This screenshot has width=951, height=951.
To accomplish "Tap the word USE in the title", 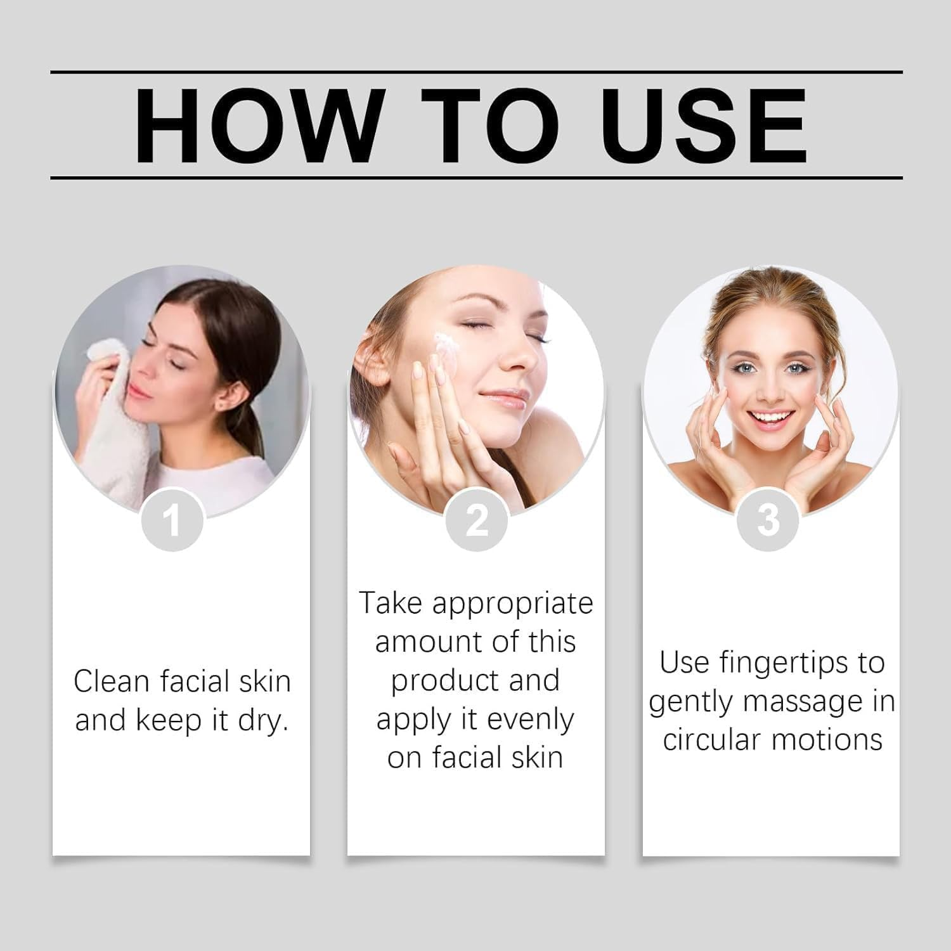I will (704, 125).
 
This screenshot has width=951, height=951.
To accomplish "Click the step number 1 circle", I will (172, 521).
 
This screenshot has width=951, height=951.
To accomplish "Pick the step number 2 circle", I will (476, 521).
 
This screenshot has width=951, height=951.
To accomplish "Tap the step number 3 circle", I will (768, 521).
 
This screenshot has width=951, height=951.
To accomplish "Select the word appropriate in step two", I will (512, 604).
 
